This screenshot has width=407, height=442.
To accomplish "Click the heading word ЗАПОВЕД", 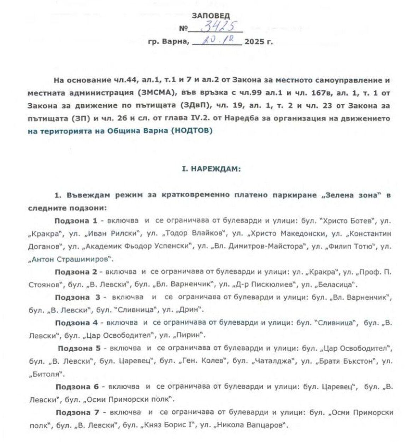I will [211, 16].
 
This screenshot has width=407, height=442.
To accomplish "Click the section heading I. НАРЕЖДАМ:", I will [211, 169].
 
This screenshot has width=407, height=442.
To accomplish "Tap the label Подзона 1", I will [76, 221].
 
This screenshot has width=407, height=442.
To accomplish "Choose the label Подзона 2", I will [76, 272].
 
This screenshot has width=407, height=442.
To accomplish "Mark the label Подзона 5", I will [79, 348].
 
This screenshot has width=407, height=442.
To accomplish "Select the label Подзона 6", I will [78, 387].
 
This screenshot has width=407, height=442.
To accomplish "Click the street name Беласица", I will [336, 284].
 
